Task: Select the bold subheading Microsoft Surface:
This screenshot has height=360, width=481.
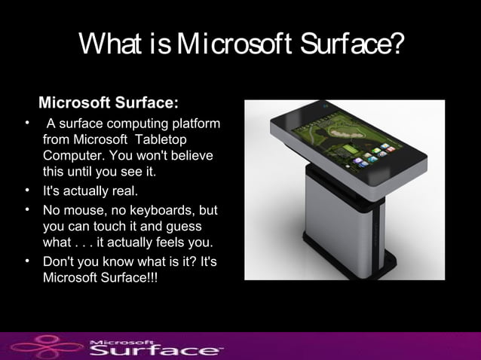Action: tap(109, 102)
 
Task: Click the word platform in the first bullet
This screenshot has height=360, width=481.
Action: tap(195, 124)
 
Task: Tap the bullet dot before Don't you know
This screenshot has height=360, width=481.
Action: tap(27, 261)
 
